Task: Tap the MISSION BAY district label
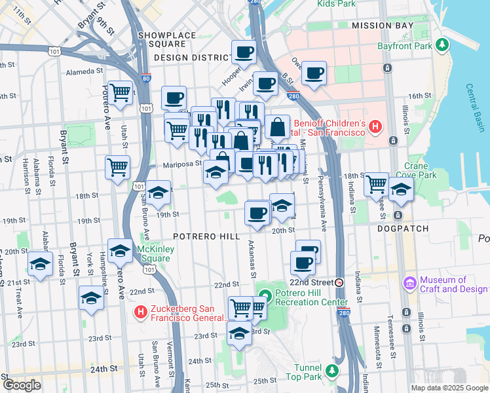coord(383,26)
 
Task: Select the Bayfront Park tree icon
coord(443,46)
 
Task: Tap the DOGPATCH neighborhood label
coord(402,229)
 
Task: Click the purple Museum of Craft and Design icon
coord(411,283)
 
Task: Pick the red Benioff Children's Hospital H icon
coord(375,125)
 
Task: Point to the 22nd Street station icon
coord(339,282)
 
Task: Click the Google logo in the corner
coord(22,384)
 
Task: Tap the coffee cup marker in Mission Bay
coord(314,73)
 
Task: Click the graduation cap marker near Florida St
coord(41,265)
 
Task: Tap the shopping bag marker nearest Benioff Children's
coord(278,126)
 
